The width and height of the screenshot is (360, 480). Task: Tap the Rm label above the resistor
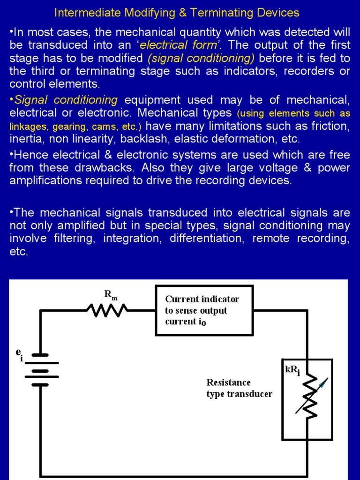(x=111, y=295)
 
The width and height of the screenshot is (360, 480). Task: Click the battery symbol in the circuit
(x=41, y=369)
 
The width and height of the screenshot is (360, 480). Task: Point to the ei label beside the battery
(x=19, y=354)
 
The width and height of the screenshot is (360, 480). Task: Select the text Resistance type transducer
(x=239, y=388)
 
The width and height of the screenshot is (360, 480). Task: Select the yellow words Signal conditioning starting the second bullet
(x=66, y=100)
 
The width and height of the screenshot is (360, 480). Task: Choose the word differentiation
(x=207, y=238)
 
